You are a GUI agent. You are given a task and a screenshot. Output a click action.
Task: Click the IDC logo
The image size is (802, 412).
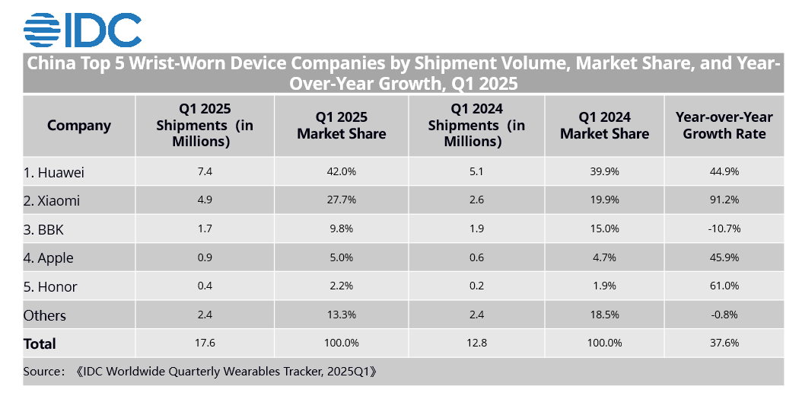[x=82, y=28]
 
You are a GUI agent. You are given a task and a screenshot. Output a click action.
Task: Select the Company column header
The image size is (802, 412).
[x=79, y=126]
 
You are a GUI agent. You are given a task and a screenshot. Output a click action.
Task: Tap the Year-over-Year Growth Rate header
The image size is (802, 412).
[x=724, y=126]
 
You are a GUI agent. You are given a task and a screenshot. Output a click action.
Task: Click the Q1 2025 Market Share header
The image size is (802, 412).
[x=342, y=126]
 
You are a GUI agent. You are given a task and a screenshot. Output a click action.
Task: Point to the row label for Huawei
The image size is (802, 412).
[x=53, y=172]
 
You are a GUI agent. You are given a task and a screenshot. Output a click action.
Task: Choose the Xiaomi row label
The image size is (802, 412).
[x=52, y=201]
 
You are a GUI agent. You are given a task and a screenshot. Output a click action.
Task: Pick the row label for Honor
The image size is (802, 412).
[x=50, y=287]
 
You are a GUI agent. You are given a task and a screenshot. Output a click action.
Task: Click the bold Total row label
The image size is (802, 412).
[x=40, y=343]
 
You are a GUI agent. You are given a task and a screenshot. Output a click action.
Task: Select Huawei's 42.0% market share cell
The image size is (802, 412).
[x=342, y=172]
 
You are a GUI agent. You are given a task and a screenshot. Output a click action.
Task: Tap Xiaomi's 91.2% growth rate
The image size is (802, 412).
[x=724, y=201]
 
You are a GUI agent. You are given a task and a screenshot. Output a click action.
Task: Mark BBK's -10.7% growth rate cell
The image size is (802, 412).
[x=724, y=229]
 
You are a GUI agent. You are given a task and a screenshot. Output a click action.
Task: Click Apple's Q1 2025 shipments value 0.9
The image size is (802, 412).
[x=205, y=258]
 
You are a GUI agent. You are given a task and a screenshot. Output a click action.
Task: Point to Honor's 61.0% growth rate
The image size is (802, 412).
[x=724, y=287]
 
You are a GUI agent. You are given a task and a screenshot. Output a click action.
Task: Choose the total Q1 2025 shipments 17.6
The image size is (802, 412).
[x=205, y=343]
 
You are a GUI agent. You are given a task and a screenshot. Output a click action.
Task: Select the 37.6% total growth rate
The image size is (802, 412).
[x=724, y=343]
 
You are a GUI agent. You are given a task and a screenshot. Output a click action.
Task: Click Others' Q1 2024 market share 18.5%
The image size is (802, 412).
[x=604, y=315]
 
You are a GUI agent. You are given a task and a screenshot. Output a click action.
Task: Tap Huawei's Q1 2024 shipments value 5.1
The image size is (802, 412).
[x=476, y=172]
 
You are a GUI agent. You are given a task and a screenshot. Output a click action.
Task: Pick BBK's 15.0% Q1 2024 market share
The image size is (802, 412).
[x=604, y=229]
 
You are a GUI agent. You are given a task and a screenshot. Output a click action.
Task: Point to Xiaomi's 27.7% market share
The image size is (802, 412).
[x=342, y=201]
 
